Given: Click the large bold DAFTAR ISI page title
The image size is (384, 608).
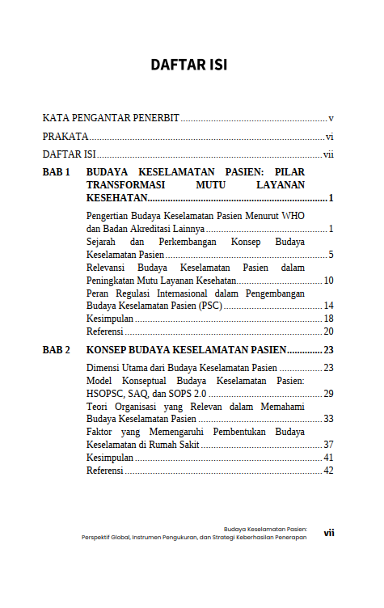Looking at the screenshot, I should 188,65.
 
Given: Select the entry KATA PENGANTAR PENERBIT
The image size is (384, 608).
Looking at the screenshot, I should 111,118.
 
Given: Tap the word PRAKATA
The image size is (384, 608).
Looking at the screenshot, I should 65,137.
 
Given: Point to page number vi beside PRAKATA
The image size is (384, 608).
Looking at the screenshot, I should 330,137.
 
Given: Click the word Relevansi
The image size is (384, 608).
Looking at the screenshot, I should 112,268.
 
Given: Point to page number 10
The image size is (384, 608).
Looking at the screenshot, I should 329,281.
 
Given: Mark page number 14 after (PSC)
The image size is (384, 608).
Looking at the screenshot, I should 329,306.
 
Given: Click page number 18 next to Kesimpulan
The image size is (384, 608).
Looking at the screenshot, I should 329,319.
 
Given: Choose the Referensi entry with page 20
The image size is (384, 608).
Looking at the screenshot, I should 105,331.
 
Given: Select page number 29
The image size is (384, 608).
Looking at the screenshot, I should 329,393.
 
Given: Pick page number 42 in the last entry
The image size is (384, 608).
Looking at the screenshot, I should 329,471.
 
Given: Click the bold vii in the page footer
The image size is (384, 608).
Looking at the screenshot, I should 329,533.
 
